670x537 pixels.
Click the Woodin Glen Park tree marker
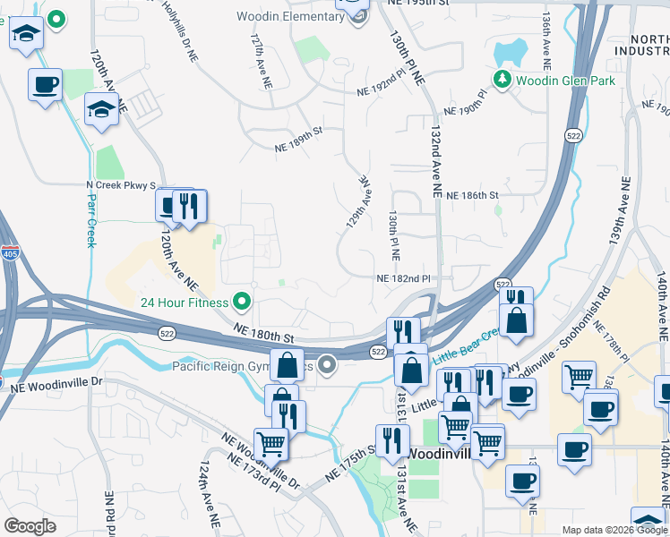pos(502,80)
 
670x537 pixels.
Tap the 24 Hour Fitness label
pos(183,302)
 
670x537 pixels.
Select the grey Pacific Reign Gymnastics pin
pos(327,364)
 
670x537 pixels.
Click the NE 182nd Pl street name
pos(404,279)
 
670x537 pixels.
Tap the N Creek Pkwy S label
pos(120,185)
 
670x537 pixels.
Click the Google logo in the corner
pos(30,526)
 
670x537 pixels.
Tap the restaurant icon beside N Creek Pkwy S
pos(190,208)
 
